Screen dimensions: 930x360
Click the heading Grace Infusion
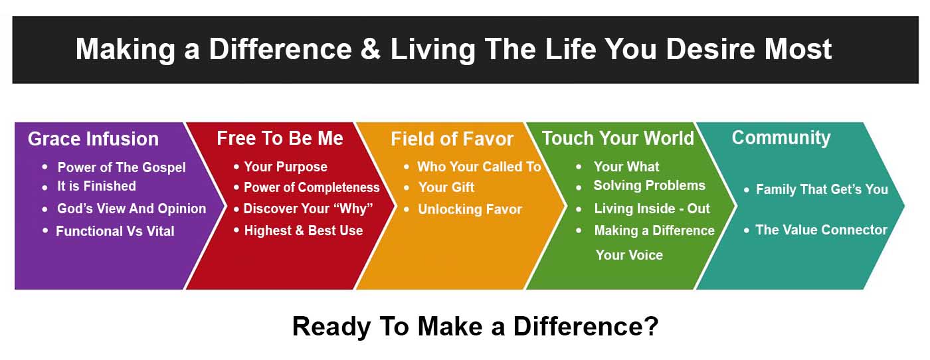(94, 139)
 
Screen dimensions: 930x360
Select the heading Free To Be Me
(280, 138)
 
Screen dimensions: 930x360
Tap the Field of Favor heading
(452, 139)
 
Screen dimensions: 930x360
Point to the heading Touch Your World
(618, 138)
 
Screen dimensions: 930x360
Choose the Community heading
(781, 138)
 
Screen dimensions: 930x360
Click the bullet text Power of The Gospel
(122, 167)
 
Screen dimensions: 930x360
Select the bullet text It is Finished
(96, 186)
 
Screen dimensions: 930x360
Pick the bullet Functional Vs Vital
(115, 231)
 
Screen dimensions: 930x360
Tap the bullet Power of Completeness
(312, 187)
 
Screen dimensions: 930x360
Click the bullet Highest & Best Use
(304, 230)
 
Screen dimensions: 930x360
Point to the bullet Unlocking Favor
(470, 209)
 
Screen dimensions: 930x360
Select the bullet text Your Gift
(446, 187)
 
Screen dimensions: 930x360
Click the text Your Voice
(629, 255)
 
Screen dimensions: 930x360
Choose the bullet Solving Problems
(650, 185)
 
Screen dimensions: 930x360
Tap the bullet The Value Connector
(821, 230)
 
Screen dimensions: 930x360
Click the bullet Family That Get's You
(822, 189)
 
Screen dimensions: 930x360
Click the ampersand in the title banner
(371, 49)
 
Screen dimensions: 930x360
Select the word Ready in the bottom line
(331, 327)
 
